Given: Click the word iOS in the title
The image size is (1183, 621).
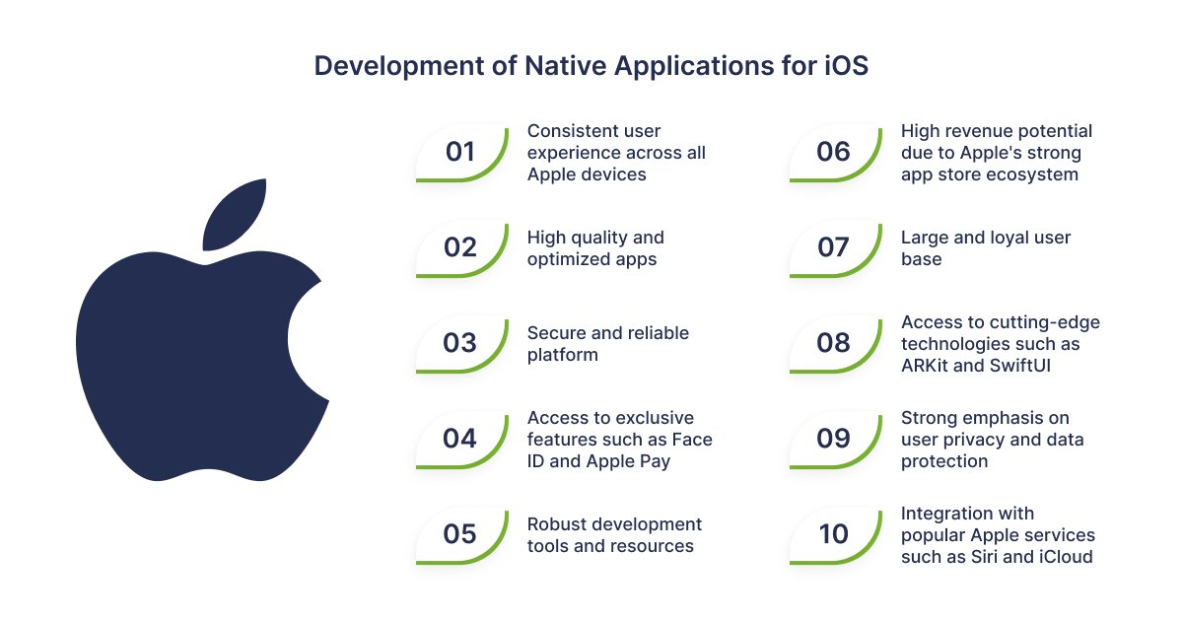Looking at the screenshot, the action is coord(847,66).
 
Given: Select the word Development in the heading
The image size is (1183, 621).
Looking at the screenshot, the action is coord(399,67).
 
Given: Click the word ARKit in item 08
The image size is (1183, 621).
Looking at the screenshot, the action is coord(925,366).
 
